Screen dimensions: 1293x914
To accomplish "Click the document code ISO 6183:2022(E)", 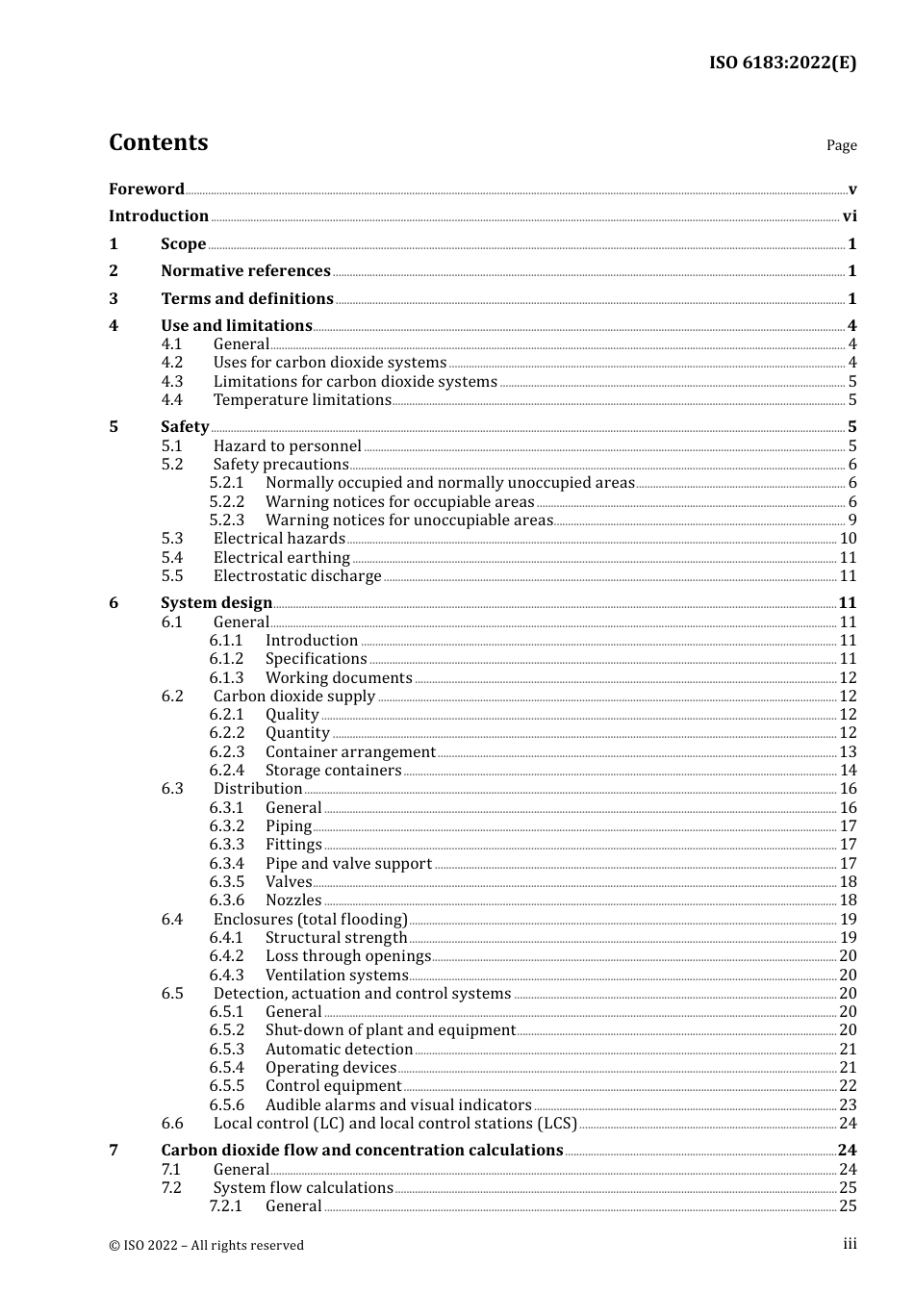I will point(782,63).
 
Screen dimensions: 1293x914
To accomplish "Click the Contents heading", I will point(158,142).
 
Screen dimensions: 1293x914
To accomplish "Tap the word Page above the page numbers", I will point(841,145).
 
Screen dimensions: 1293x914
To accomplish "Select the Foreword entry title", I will point(146,190).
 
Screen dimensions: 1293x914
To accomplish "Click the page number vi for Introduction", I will point(850,216).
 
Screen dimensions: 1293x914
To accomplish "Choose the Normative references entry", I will point(245,271).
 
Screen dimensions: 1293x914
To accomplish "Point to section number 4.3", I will point(172,381).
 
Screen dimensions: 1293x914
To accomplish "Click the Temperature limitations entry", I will point(302,400).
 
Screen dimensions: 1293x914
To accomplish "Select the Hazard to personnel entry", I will point(287,445).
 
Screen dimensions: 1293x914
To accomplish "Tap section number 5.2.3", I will point(227,520).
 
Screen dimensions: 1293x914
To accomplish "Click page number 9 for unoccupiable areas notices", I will point(851,520).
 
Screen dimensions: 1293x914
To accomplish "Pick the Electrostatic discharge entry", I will point(297,576).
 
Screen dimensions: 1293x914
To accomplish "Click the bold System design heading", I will point(216,603).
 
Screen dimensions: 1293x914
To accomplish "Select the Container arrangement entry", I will point(350,752).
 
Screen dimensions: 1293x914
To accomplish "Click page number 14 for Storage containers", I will point(848,771).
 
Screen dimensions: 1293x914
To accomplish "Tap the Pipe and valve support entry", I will point(348,864).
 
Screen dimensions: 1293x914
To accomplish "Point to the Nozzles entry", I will point(293,900).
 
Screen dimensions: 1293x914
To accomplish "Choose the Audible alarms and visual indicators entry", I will point(398,1105).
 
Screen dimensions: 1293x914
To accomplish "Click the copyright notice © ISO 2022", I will point(206,1245).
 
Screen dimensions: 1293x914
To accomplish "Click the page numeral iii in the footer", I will point(850,1244).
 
